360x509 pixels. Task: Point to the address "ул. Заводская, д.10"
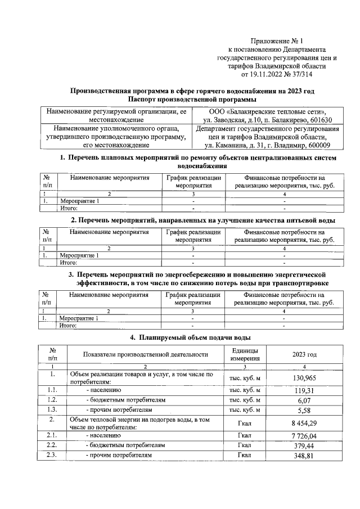point(231,120)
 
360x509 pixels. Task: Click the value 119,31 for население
point(304,389)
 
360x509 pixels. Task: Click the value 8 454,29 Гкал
point(304,423)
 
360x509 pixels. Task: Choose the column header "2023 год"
point(304,354)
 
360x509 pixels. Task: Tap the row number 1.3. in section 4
point(52,410)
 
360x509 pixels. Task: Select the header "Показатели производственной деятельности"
point(145,354)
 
